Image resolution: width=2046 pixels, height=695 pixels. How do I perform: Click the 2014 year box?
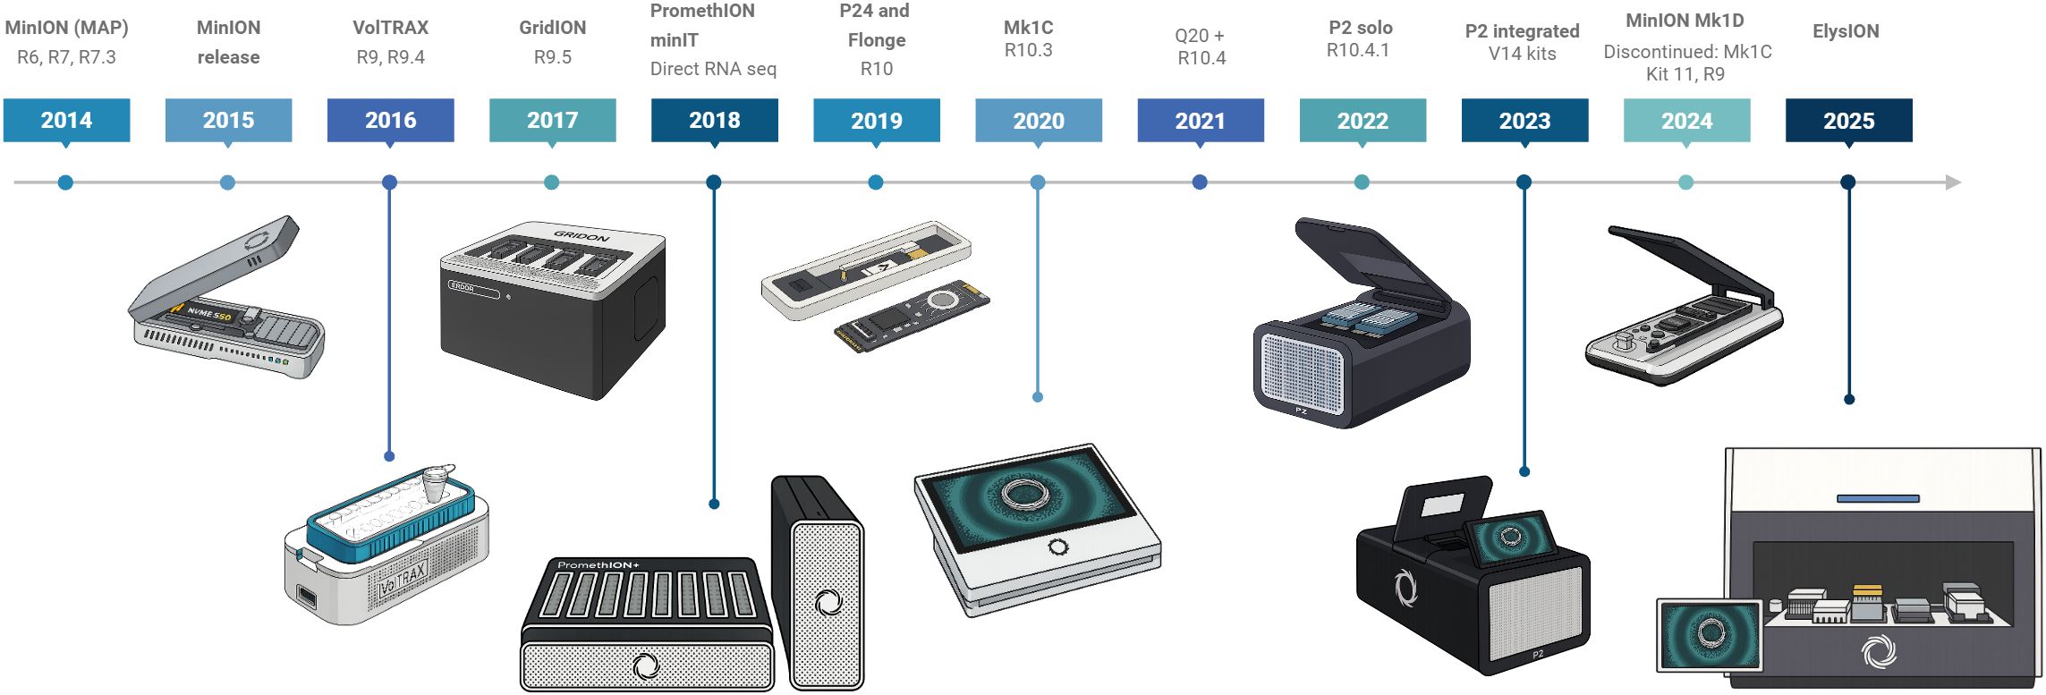(x=66, y=120)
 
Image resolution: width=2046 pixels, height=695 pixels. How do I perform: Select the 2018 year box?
(x=714, y=120)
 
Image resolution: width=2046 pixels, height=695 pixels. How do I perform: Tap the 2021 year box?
(x=1200, y=120)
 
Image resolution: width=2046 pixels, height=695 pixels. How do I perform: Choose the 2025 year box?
(x=1848, y=120)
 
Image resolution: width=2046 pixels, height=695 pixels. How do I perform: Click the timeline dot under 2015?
(x=227, y=182)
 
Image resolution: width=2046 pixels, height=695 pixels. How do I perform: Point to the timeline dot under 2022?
(x=1362, y=182)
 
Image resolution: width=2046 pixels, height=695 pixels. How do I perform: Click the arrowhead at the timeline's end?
(x=1953, y=182)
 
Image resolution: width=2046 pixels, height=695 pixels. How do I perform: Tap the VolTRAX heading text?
(x=390, y=28)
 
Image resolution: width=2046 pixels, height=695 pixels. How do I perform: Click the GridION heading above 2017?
(x=552, y=28)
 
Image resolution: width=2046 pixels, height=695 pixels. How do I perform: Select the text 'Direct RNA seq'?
(x=713, y=69)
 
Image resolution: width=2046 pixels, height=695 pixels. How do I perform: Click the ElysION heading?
(x=1846, y=31)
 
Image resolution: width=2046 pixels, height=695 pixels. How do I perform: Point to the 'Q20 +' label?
(x=1199, y=36)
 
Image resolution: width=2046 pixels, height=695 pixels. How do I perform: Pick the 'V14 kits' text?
(x=1522, y=54)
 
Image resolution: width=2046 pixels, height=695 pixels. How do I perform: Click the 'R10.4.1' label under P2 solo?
(x=1357, y=50)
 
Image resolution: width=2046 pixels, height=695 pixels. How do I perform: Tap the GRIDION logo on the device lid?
(x=582, y=236)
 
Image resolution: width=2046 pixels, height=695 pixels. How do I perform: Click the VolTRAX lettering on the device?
(x=403, y=579)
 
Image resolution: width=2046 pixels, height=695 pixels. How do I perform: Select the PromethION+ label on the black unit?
(x=598, y=565)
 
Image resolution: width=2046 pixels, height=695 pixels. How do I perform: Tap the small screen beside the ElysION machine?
(x=1710, y=635)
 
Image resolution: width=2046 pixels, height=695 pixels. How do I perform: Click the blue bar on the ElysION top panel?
(x=1878, y=498)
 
